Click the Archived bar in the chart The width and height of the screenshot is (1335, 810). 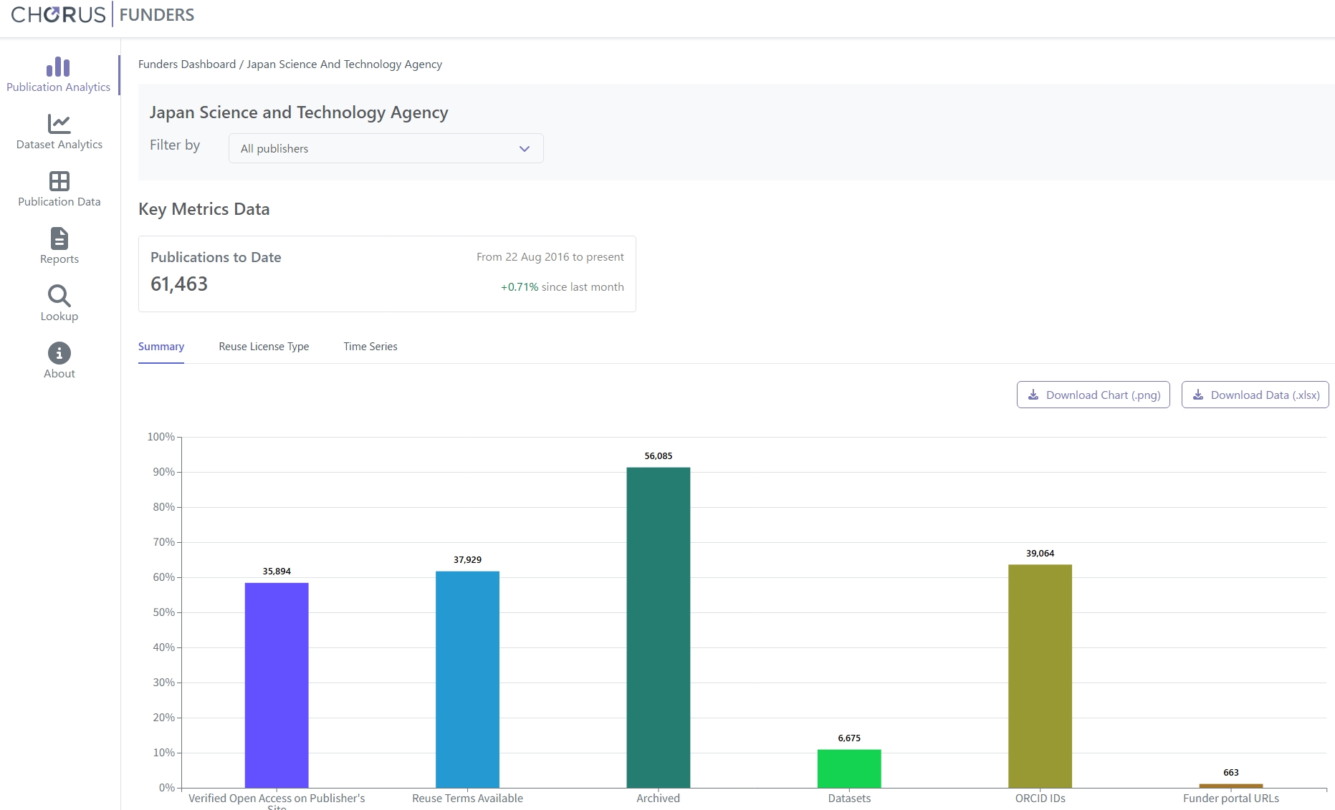pyautogui.click(x=658, y=627)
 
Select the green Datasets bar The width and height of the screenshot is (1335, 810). pyautogui.click(x=849, y=768)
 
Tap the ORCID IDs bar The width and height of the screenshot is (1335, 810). pyautogui.click(x=1040, y=676)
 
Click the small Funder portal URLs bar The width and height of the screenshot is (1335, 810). pyautogui.click(x=1231, y=786)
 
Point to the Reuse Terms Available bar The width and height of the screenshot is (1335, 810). pyautogui.click(x=467, y=680)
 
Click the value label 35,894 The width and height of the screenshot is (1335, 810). pyautogui.click(x=277, y=571)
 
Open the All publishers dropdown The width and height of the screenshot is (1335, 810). pyautogui.click(x=386, y=148)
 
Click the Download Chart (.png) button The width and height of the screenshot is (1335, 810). pyautogui.click(x=1093, y=395)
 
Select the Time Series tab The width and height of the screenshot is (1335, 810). pyautogui.click(x=370, y=347)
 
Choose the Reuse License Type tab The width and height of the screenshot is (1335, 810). pyautogui.click(x=264, y=347)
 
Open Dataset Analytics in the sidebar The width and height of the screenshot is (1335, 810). pyautogui.click(x=59, y=132)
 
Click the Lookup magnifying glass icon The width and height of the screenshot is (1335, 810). pyautogui.click(x=59, y=295)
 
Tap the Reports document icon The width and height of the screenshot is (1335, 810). pyautogui.click(x=59, y=238)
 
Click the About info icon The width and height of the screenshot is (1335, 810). pyautogui.click(x=59, y=353)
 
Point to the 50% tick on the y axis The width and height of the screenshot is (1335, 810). pyautogui.click(x=178, y=612)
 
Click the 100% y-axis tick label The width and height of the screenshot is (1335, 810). pyautogui.click(x=161, y=437)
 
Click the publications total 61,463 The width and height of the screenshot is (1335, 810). pyautogui.click(x=179, y=284)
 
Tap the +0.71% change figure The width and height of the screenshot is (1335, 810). pyautogui.click(x=520, y=287)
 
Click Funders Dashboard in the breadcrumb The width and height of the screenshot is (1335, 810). pyautogui.click(x=187, y=64)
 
